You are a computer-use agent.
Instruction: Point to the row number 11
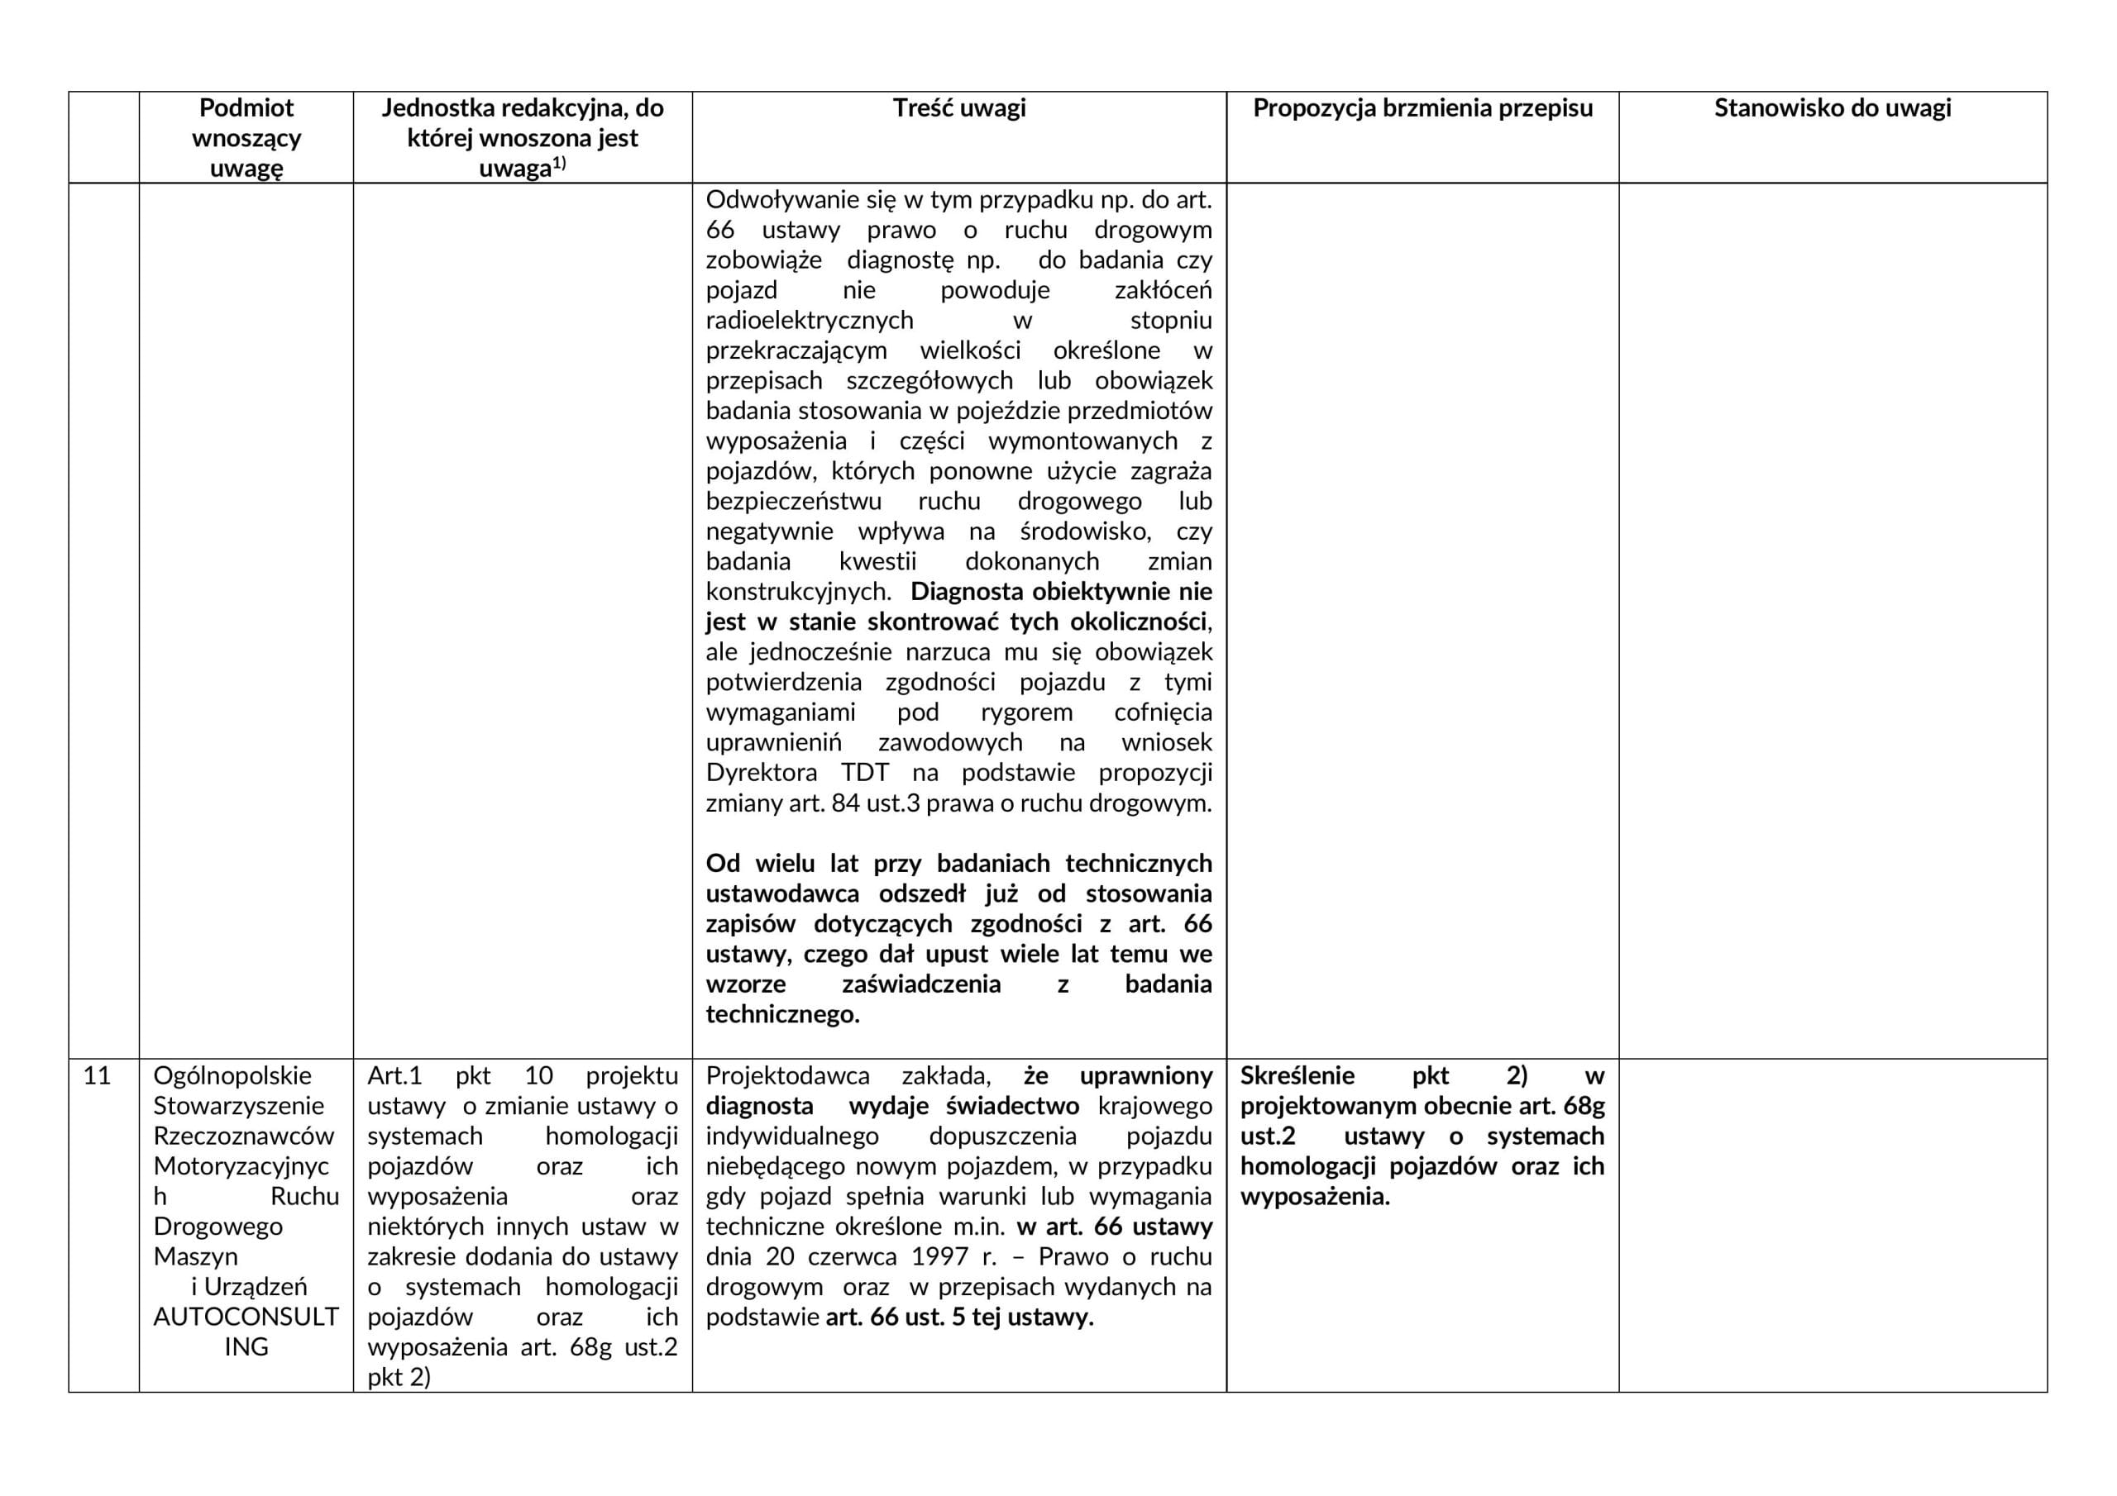(97, 1075)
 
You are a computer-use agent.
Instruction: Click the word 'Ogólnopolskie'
(232, 1075)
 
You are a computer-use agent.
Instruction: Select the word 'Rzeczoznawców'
(243, 1136)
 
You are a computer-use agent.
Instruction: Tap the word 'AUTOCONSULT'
(246, 1317)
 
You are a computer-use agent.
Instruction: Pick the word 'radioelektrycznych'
(810, 321)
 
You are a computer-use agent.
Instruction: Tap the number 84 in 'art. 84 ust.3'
(845, 803)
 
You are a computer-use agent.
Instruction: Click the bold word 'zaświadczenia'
(921, 984)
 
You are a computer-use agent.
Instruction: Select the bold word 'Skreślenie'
(1297, 1075)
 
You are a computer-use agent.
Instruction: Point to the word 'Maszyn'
(195, 1256)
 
